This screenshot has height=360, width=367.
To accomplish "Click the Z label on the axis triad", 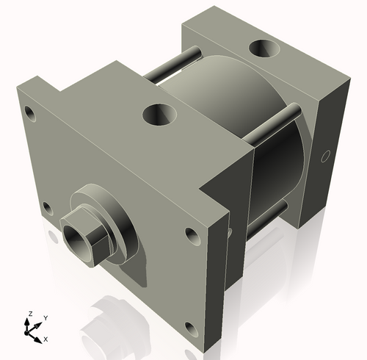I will pos(29,314).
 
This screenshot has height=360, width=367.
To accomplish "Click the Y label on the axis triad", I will pos(45,317).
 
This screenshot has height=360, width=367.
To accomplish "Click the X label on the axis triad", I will pos(46,339).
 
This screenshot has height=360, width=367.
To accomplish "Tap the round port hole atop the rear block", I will pos(264,50).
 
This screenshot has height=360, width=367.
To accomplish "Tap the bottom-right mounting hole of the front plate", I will pos(190,328).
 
